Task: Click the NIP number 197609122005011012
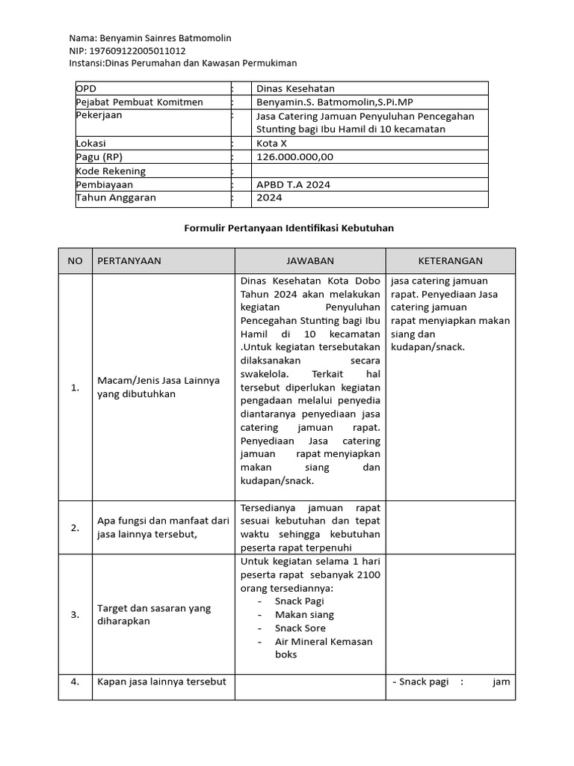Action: [x=138, y=51]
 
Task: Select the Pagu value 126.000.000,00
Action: [x=294, y=157]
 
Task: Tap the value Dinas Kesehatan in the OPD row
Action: [x=295, y=88]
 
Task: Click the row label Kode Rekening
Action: [x=111, y=171]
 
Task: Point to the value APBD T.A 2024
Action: [x=293, y=184]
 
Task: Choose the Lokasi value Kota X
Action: [x=271, y=143]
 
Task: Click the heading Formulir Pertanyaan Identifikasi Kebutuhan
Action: [x=288, y=227]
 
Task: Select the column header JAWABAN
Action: [x=310, y=260]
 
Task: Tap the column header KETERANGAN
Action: [x=450, y=260]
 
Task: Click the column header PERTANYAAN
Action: [x=129, y=260]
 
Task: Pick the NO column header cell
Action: [x=75, y=260]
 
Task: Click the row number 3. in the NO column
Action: [x=75, y=615]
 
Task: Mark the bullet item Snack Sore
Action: [x=300, y=628]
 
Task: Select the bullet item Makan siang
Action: [x=304, y=615]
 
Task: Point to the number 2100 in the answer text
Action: [x=368, y=574]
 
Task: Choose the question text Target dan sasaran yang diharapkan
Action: [x=154, y=615]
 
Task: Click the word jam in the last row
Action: [x=501, y=681]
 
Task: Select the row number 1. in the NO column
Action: [x=75, y=387]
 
